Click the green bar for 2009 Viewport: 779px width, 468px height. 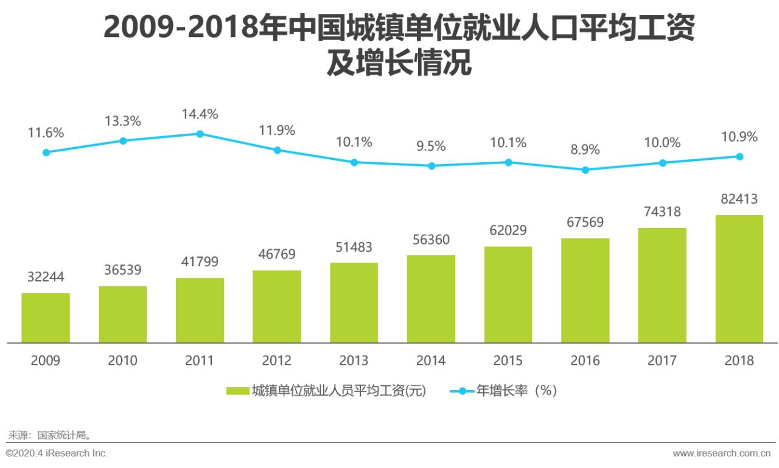pos(46,317)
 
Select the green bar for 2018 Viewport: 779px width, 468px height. pos(739,278)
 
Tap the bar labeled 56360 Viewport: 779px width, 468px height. pos(431,298)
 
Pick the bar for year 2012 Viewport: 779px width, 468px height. pos(277,306)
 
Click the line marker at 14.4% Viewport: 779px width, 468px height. pos(200,134)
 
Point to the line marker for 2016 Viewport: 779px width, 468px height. pos(585,170)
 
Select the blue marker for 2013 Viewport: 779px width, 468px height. pos(354,162)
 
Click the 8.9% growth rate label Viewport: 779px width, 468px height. pos(585,150)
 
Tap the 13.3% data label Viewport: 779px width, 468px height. pos(122,121)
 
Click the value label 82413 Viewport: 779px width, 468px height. pos(739,199)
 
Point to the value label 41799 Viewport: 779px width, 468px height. pos(200,262)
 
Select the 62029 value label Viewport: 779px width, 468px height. pos(508,230)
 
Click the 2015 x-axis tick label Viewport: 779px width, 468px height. pos(508,360)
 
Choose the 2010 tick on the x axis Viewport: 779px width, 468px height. pos(122,360)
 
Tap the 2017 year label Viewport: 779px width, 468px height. pos(662,360)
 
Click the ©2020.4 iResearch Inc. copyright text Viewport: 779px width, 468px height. pos(57,453)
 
